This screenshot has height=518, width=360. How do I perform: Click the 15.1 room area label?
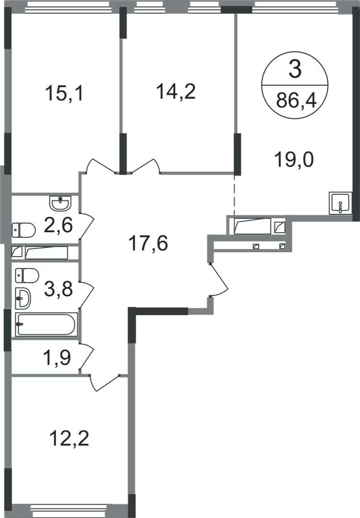(65, 94)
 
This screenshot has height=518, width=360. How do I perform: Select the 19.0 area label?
(295, 158)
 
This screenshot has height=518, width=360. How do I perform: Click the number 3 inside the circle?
(295, 72)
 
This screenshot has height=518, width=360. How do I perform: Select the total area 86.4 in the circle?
(295, 101)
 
